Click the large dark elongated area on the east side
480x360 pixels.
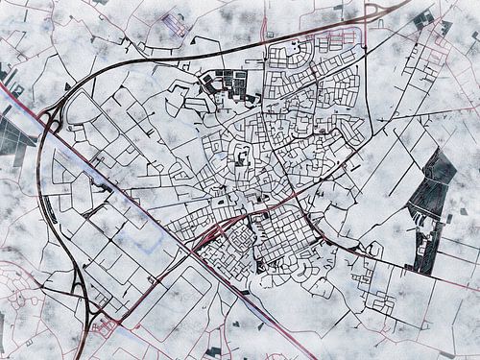click(430, 197)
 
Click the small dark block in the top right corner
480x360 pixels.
click(423, 19)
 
